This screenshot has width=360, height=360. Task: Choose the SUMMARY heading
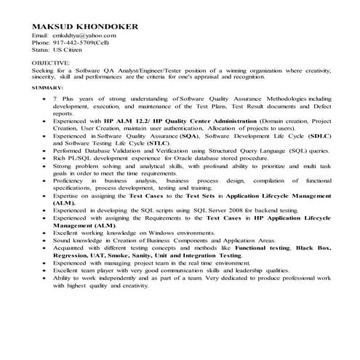pyautogui.click(x=48, y=87)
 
